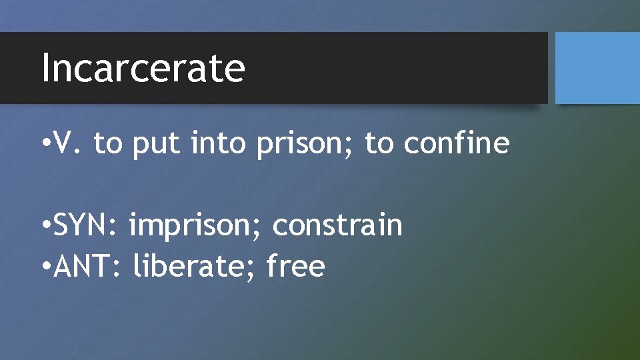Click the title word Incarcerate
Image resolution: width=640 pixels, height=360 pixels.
143,68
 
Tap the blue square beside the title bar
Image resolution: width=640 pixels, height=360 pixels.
597,68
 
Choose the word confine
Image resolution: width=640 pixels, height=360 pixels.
457,143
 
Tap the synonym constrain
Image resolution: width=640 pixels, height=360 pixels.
337,226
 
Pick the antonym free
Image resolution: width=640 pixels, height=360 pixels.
295,267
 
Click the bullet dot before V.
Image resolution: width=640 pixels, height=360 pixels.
44,145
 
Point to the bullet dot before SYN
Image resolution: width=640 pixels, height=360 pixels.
44,227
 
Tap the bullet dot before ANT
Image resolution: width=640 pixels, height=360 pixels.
44,268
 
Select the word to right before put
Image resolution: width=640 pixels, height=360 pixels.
109,143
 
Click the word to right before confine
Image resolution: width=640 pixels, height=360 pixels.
379,143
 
